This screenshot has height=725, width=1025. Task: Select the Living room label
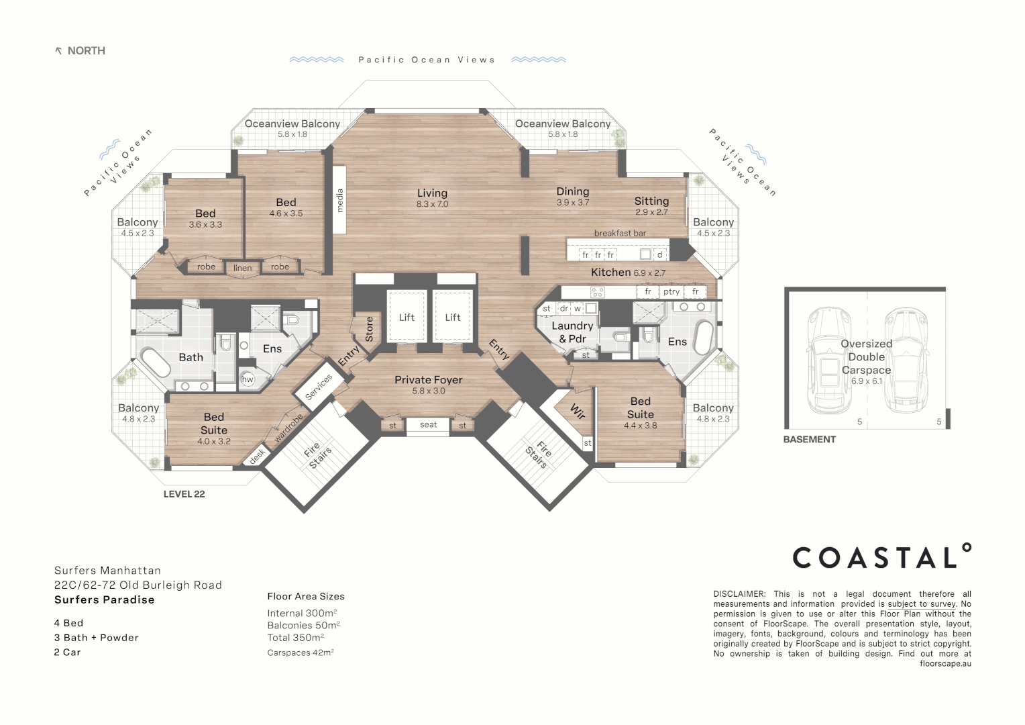pyautogui.click(x=432, y=193)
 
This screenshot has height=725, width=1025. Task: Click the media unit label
pyautogui.click(x=339, y=201)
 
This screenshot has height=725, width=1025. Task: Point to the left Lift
pyautogui.click(x=407, y=318)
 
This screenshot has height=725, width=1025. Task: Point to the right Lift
pyautogui.click(x=453, y=318)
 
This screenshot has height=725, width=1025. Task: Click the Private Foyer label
pyautogui.click(x=428, y=380)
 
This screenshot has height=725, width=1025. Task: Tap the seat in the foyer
pyautogui.click(x=428, y=425)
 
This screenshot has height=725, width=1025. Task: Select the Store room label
pyautogui.click(x=368, y=329)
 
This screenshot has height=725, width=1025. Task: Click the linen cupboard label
pyautogui.click(x=242, y=268)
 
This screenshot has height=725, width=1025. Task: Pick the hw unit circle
pyautogui.click(x=248, y=379)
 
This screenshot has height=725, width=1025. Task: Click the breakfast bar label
pyautogui.click(x=620, y=233)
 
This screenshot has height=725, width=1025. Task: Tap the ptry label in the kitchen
pyautogui.click(x=671, y=291)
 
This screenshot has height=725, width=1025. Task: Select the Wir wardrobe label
pyautogui.click(x=577, y=411)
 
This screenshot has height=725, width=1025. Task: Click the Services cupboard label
pyautogui.click(x=319, y=387)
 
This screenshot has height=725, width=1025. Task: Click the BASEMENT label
pyautogui.click(x=809, y=440)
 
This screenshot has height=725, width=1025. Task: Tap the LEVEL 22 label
pyautogui.click(x=184, y=494)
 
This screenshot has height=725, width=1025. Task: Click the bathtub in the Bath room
pyautogui.click(x=155, y=363)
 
